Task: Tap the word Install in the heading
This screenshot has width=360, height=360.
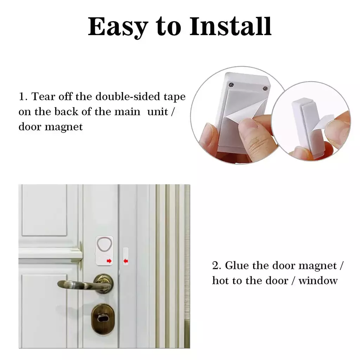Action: point(231,26)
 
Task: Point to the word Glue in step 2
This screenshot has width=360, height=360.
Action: point(237,266)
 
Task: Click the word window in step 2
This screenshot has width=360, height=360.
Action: point(318,281)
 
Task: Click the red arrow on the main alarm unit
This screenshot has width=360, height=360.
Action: point(109,261)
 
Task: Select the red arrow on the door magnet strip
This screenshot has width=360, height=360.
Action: point(126,261)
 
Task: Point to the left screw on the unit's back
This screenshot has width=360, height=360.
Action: point(231,85)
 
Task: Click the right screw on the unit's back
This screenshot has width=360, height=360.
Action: point(265,88)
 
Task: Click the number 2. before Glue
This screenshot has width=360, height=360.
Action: point(217,266)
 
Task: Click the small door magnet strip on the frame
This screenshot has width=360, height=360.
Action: point(126,256)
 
